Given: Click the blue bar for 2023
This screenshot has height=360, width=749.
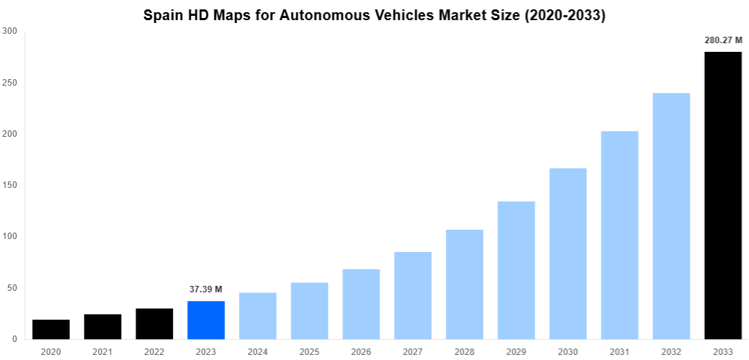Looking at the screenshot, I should [x=206, y=320].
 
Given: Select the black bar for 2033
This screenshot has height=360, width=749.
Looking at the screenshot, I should [x=723, y=195].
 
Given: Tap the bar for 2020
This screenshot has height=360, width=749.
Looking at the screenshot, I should [x=51, y=329].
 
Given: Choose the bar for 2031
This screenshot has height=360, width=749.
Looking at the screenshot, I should [x=619, y=235].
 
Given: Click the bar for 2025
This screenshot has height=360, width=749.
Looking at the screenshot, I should [x=310, y=310].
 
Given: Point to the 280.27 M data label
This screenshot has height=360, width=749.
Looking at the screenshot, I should [x=723, y=40].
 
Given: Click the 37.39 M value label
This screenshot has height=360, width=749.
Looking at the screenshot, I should [x=206, y=289].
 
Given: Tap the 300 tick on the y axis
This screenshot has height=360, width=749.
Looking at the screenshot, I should [x=10, y=31].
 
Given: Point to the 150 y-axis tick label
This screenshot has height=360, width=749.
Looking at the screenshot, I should [x=10, y=185].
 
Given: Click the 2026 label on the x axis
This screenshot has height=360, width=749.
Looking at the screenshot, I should [x=361, y=351].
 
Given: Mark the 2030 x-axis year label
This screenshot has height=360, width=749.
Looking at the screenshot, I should [x=568, y=351].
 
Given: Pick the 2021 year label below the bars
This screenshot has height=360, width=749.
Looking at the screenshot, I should [x=102, y=351].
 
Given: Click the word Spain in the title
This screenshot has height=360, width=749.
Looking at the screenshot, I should [x=163, y=15].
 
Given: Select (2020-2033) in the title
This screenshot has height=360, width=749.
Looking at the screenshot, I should [x=562, y=15].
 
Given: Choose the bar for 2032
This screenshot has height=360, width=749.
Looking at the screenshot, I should [x=671, y=216].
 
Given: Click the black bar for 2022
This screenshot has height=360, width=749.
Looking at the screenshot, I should [x=154, y=323].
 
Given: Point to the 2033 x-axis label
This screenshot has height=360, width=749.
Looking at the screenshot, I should [x=723, y=351].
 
